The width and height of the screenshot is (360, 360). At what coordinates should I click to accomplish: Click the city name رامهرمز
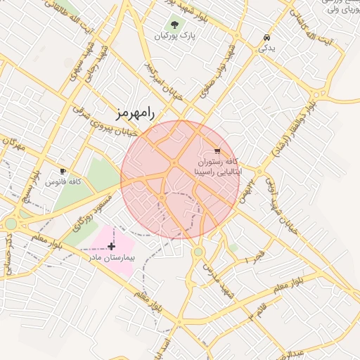[x=136, y=112]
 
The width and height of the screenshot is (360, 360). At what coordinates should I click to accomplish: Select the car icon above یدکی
[x=266, y=38]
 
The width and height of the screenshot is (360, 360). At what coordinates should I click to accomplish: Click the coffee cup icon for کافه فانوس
[x=63, y=171]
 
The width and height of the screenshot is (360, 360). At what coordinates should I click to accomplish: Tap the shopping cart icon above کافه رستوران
[x=217, y=150]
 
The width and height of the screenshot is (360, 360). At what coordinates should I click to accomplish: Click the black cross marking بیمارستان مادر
[x=111, y=246]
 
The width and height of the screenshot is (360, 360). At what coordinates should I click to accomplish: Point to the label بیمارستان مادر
[x=110, y=258]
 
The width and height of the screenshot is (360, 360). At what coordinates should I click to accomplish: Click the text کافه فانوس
[x=63, y=181]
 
